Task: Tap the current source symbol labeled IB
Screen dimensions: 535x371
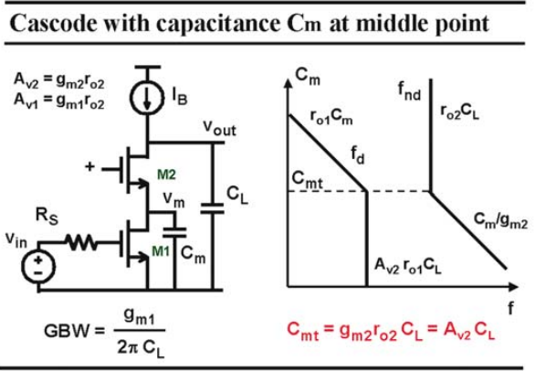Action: [x=147, y=98]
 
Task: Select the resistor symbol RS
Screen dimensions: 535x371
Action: [x=81, y=242]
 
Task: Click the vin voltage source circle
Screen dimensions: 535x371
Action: [x=38, y=267]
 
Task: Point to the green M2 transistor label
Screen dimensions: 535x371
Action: [x=166, y=175]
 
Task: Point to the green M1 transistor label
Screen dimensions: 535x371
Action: [x=161, y=251]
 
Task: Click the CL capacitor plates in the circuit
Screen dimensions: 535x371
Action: [x=212, y=208]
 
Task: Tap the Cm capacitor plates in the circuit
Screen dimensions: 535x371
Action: [x=174, y=232]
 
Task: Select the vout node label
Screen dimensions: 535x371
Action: [x=220, y=128]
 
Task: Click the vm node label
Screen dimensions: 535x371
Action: [x=173, y=199]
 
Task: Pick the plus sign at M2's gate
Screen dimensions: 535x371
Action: [x=89, y=166]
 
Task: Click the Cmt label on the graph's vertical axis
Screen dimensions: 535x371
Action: [x=307, y=179]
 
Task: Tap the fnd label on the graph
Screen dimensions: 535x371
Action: [x=409, y=90]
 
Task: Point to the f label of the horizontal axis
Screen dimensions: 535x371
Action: [x=510, y=308]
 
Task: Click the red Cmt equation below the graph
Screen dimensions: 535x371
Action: [x=391, y=331]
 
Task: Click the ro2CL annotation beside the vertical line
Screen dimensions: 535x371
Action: [x=459, y=111]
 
